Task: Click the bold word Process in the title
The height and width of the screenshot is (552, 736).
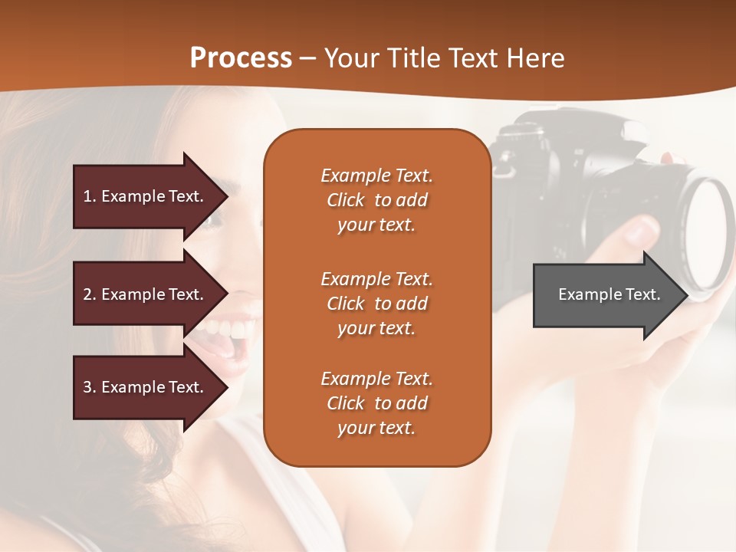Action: [x=241, y=58]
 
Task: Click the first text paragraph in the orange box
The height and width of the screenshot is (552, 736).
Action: [x=376, y=200]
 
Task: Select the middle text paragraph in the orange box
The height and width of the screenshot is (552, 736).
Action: [x=376, y=304]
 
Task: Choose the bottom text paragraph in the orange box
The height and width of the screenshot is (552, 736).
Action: [x=376, y=403]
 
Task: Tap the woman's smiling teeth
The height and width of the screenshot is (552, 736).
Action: [x=227, y=331]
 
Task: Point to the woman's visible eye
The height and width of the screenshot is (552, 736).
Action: [x=209, y=221]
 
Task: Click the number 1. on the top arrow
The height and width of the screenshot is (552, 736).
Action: [x=90, y=196]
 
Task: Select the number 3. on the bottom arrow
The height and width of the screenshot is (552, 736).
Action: [x=90, y=387]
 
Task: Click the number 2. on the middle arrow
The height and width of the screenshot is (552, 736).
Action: [x=90, y=294]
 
